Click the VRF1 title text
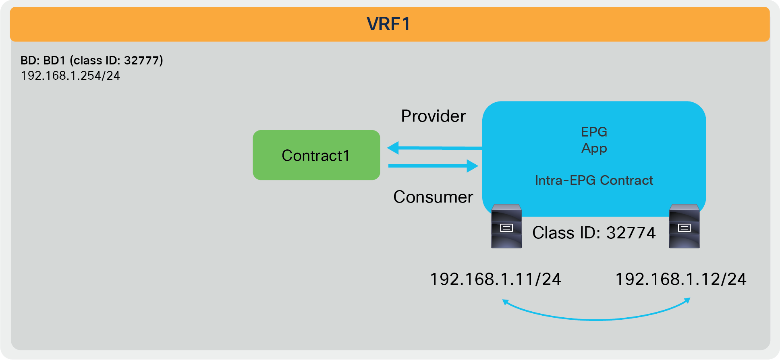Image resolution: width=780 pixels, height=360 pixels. pyautogui.click(x=388, y=24)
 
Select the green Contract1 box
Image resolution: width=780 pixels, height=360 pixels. pyautogui.click(x=316, y=155)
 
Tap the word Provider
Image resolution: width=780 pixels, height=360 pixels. pyautogui.click(x=433, y=116)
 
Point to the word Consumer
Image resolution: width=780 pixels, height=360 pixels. pyautogui.click(x=433, y=197)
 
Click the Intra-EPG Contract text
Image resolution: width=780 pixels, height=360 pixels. pyautogui.click(x=594, y=180)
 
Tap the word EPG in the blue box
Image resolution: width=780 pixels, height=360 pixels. pyautogui.click(x=594, y=132)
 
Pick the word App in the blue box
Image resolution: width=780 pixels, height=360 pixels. pyautogui.click(x=594, y=148)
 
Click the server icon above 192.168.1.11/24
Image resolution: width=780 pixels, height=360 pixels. pyautogui.click(x=506, y=226)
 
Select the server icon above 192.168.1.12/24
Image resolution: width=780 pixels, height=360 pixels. pyautogui.click(x=684, y=226)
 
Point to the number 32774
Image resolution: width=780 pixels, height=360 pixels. pyautogui.click(x=631, y=233)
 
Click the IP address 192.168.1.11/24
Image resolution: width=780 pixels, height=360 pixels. pyautogui.click(x=496, y=279)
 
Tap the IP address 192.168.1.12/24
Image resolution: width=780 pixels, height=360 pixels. pyautogui.click(x=681, y=279)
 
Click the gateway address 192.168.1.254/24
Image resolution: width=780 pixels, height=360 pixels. pyautogui.click(x=71, y=76)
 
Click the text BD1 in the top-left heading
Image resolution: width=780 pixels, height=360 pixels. pyautogui.click(x=54, y=60)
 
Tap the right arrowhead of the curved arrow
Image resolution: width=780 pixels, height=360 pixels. pyautogui.click(x=687, y=300)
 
